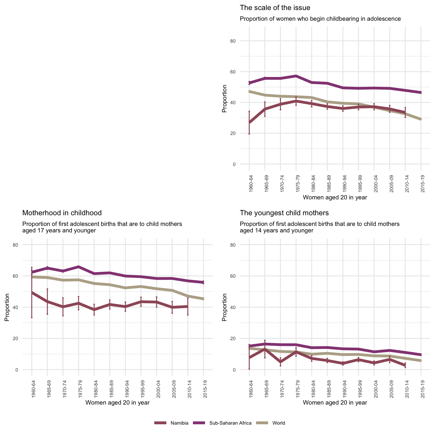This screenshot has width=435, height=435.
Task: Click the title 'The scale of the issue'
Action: (275, 8)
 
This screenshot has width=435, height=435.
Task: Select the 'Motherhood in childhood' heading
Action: (62, 213)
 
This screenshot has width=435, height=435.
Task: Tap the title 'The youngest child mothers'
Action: (284, 213)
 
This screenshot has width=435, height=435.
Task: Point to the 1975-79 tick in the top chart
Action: (296, 183)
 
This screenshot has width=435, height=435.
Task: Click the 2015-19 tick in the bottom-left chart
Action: (204, 389)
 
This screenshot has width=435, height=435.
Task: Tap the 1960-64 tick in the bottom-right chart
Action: (250, 389)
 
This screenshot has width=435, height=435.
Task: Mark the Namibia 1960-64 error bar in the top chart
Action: (249, 122)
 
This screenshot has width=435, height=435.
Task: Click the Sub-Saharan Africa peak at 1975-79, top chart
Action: (296, 76)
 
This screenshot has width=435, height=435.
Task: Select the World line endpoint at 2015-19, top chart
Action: (421, 119)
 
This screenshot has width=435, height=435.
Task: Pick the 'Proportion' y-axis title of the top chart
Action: (224, 99)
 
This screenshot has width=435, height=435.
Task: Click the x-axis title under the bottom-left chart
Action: (117, 403)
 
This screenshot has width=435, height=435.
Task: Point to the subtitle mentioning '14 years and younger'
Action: (320, 227)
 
